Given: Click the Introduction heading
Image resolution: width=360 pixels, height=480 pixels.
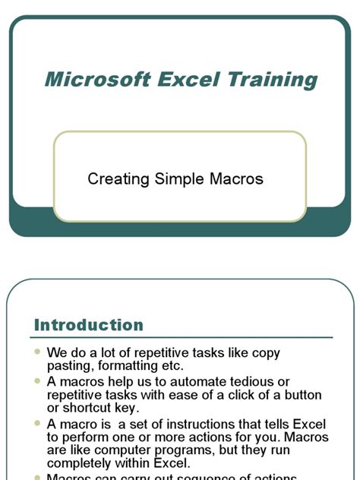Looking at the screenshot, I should tap(89, 325).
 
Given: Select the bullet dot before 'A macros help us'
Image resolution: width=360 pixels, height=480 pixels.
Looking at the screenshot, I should tap(39, 381).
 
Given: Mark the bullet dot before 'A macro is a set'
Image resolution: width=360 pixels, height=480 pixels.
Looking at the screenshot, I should tap(39, 423).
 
